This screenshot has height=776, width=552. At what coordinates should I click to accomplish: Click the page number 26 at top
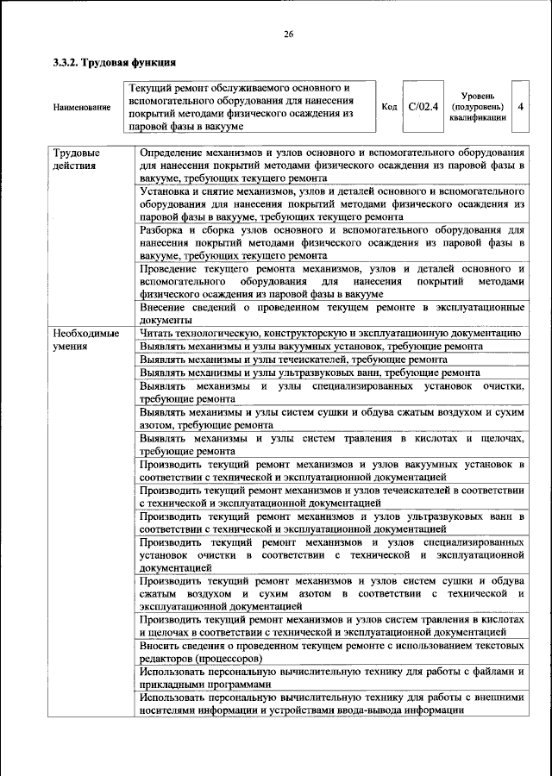(x=288, y=34)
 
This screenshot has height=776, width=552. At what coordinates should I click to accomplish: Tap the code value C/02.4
(x=423, y=106)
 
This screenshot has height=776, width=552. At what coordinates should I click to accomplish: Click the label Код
(x=389, y=107)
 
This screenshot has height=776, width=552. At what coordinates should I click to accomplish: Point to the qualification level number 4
(x=520, y=106)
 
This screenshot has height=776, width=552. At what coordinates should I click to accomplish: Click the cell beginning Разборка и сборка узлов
(x=331, y=243)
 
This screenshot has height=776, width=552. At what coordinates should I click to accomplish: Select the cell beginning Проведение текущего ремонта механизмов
(x=331, y=281)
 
